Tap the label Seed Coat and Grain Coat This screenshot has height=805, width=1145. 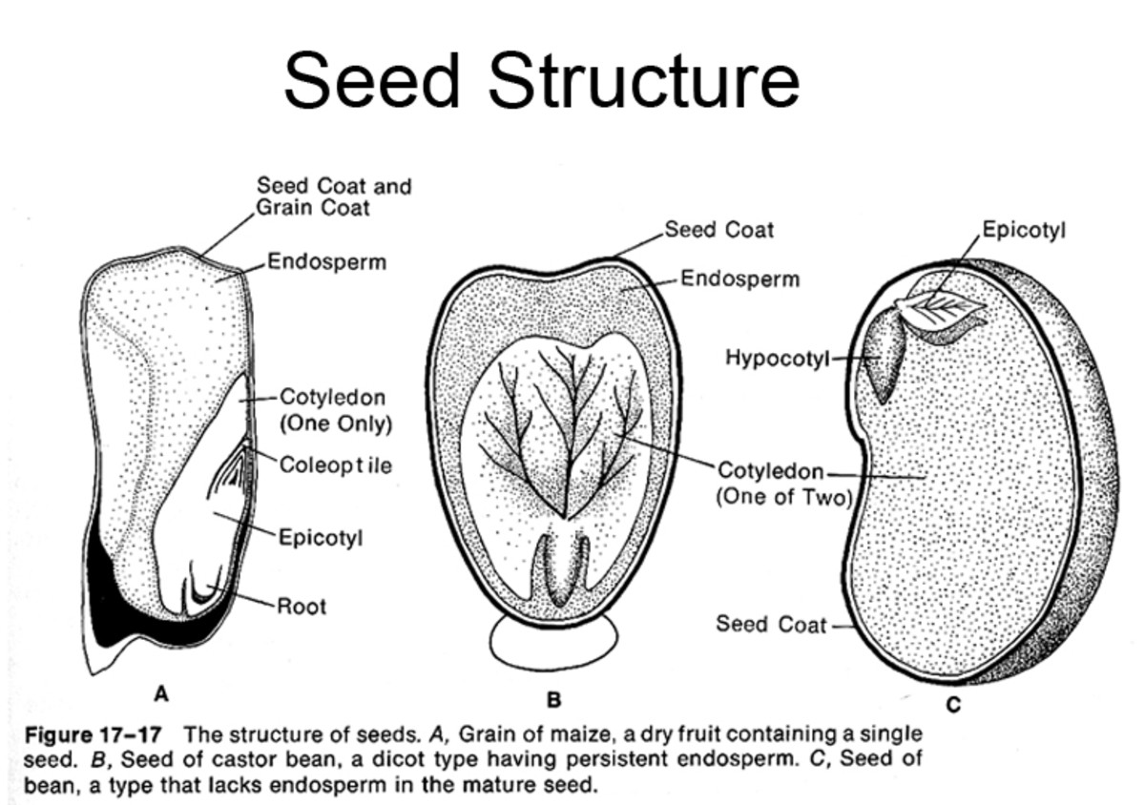[x=333, y=196]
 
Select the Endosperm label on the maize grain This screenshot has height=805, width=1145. [x=326, y=261]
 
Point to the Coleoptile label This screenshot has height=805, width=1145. [x=335, y=465]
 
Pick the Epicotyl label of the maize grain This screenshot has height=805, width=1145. [x=320, y=537]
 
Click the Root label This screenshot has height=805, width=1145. [x=302, y=606]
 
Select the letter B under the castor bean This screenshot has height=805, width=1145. [x=552, y=700]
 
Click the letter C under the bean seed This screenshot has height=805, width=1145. [x=953, y=706]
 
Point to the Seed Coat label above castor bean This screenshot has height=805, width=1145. [x=718, y=230]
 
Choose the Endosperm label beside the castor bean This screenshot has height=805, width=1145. [x=740, y=279]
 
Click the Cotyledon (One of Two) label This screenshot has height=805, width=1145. [x=782, y=484]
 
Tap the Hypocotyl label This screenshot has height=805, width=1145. [x=778, y=359]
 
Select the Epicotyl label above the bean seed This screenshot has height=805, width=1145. [x=1024, y=231]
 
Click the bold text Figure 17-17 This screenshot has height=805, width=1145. [x=92, y=735]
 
